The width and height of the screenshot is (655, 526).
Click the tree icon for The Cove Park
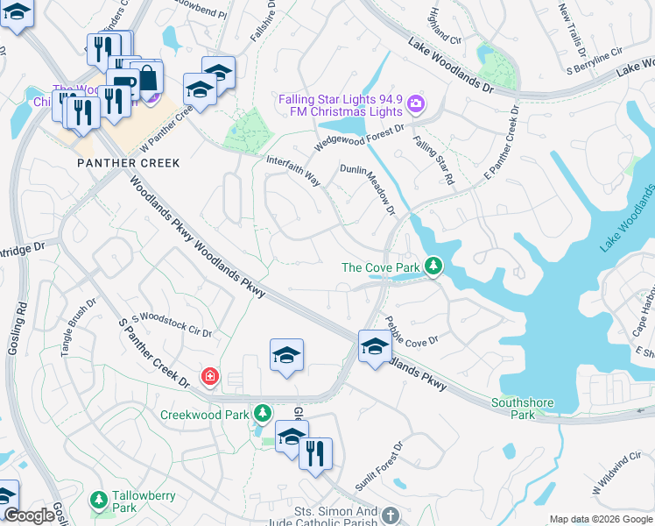click(x=433, y=266)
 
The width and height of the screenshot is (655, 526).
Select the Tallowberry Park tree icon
click(x=99, y=500)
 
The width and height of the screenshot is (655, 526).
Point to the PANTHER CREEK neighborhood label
click(x=128, y=163)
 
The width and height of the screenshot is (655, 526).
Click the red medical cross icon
click(x=209, y=378)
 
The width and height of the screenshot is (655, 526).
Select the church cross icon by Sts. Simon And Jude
click(x=390, y=515)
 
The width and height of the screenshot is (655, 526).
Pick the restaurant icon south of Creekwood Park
click(x=315, y=453)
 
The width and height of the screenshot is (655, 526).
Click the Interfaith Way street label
click(x=293, y=172)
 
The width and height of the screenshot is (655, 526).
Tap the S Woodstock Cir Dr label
click(x=172, y=324)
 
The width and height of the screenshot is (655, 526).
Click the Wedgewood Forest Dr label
click(x=360, y=139)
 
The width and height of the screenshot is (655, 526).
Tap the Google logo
click(x=30, y=515)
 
